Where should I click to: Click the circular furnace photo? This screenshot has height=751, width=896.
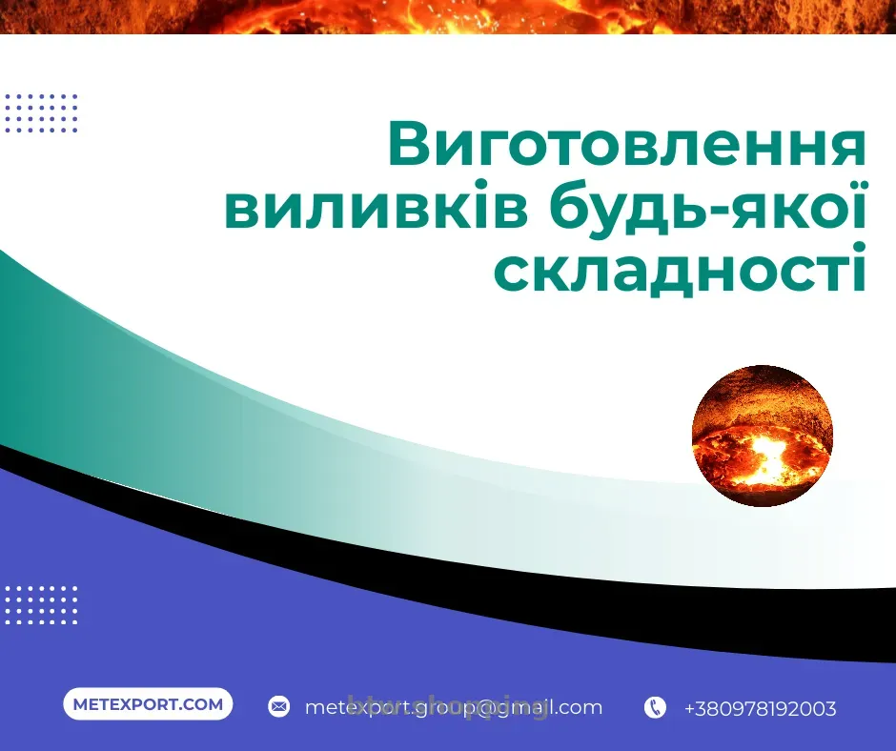click(x=762, y=436)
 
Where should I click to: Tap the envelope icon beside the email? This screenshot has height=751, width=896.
click(x=278, y=707)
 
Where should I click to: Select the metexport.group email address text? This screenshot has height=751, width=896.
click(x=453, y=707)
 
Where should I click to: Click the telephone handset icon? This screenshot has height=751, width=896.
click(x=655, y=707)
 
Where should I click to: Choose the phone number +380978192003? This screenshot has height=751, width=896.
click(x=760, y=708)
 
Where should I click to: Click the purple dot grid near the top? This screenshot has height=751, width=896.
click(x=41, y=113)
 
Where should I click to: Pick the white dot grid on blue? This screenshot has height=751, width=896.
click(x=41, y=604)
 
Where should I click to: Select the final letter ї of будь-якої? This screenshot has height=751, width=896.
click(x=855, y=207)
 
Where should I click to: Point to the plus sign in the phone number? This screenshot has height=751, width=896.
click(x=689, y=709)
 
